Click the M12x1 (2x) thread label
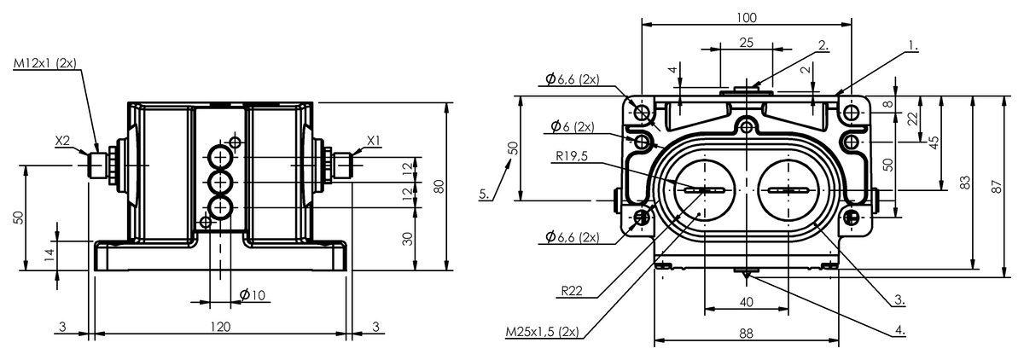pyautogui.click(x=44, y=63)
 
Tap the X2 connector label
pyautogui.click(x=62, y=141)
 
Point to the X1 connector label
pyautogui.click(x=374, y=140)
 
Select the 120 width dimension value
pyautogui.click(x=220, y=327)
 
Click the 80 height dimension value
pyautogui.click(x=439, y=186)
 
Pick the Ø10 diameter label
pyautogui.click(x=253, y=295)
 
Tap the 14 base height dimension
pyautogui.click(x=49, y=254)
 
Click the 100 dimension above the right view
pyautogui.click(x=747, y=17)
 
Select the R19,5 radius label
pyautogui.click(x=572, y=156)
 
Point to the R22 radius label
pyautogui.click(x=572, y=291)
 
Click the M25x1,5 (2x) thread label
pyautogui.click(x=542, y=332)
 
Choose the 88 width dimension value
pyautogui.click(x=746, y=334)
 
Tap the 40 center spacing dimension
pyautogui.click(x=746, y=302)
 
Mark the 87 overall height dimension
pyautogui.click(x=997, y=187)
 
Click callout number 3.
pyautogui.click(x=899, y=299)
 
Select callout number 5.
pyautogui.click(x=485, y=195)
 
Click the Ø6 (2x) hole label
pyautogui.click(x=573, y=126)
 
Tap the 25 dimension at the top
pyautogui.click(x=746, y=43)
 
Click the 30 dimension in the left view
pyautogui.click(x=407, y=239)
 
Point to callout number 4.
pyautogui.click(x=900, y=330)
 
